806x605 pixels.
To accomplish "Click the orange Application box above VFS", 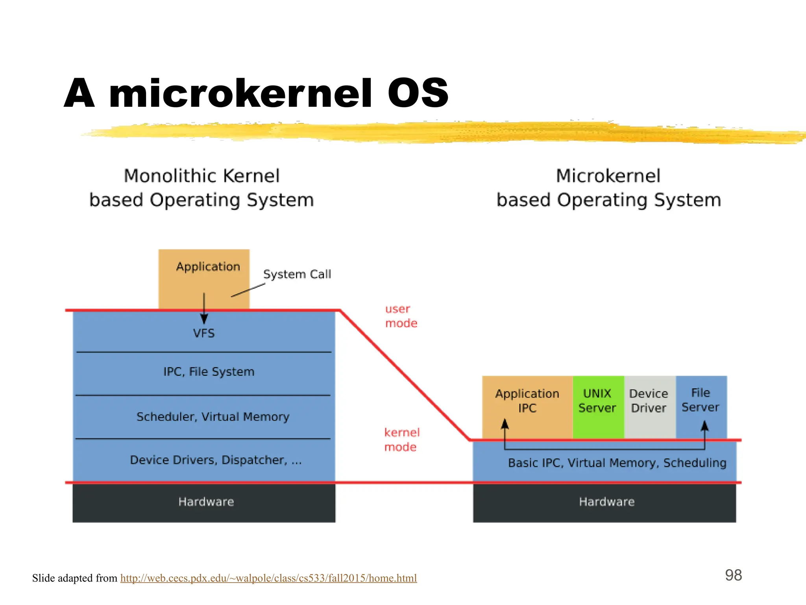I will click(x=204, y=276).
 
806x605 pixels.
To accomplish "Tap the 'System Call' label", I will click(x=297, y=274).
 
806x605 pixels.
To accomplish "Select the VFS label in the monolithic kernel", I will click(x=204, y=334).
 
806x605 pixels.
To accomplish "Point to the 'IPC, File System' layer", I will click(x=209, y=372).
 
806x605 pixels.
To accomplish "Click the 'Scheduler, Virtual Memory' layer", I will click(x=213, y=417).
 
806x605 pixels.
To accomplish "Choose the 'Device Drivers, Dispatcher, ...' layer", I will click(x=216, y=460).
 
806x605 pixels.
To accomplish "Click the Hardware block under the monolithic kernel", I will click(x=206, y=502).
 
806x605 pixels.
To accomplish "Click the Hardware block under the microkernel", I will click(x=606, y=502).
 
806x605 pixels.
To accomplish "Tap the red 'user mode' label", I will click(x=401, y=316).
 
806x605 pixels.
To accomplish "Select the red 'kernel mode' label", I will click(x=401, y=440).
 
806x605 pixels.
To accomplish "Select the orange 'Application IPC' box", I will click(x=527, y=402).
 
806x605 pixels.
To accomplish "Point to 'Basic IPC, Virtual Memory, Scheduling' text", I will click(x=617, y=463).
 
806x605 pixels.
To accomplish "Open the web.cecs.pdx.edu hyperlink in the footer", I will click(x=268, y=578).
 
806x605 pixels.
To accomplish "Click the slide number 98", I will click(x=734, y=575).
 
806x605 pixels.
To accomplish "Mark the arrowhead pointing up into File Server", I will click(x=704, y=426).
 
